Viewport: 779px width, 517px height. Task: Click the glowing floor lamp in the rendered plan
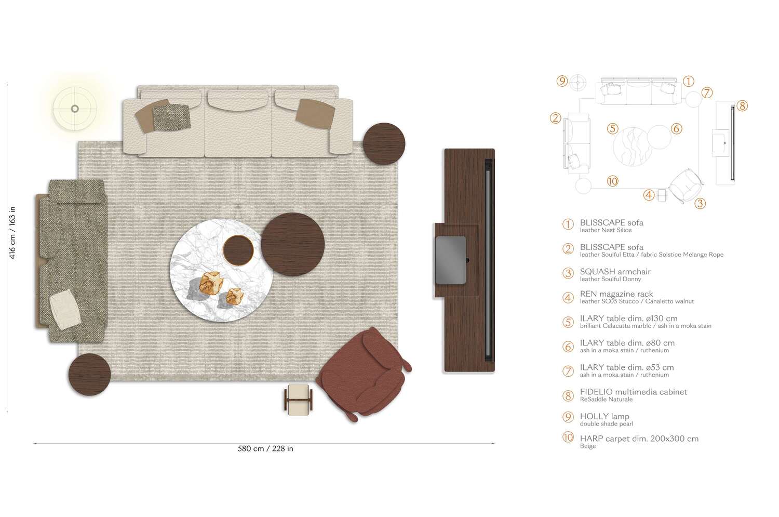[75, 109]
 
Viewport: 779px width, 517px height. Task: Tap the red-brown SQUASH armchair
[364, 372]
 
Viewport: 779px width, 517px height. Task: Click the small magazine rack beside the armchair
[299, 399]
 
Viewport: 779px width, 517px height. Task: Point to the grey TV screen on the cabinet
[450, 260]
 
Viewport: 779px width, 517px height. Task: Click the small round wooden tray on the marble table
[238, 250]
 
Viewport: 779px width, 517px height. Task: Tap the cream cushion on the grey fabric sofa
[64, 310]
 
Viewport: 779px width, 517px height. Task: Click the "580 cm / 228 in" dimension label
[265, 448]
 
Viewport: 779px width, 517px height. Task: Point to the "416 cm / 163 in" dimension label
[12, 232]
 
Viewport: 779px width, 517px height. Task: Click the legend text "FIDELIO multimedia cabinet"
[633, 392]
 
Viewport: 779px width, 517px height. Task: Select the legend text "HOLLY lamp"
[604, 416]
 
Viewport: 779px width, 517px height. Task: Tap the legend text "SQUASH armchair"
[615, 271]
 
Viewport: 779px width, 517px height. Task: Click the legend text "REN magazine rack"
[616, 294]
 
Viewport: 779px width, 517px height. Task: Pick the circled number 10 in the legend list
[568, 438]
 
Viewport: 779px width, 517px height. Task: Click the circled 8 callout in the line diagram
[742, 106]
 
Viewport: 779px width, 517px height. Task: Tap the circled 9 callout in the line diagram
[561, 81]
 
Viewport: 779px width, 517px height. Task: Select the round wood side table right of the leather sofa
[384, 144]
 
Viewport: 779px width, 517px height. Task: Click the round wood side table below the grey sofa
[89, 374]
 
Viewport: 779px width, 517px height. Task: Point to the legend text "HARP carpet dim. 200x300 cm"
[639, 439]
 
